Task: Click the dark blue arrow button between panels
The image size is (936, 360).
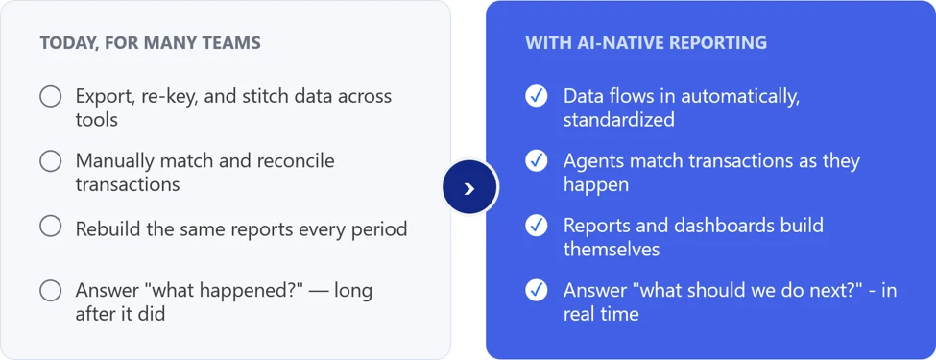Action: tap(469, 188)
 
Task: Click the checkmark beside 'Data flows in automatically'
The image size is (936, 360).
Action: tap(537, 96)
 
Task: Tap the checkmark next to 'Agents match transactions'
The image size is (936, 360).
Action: tap(537, 160)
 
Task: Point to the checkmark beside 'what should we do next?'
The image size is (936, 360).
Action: tap(537, 290)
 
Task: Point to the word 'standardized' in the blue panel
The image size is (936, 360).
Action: tap(619, 119)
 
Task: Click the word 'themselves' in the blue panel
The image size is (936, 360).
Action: tap(612, 249)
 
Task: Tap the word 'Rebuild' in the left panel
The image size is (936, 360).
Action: tap(107, 228)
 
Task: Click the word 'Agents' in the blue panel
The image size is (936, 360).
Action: tap(592, 162)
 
